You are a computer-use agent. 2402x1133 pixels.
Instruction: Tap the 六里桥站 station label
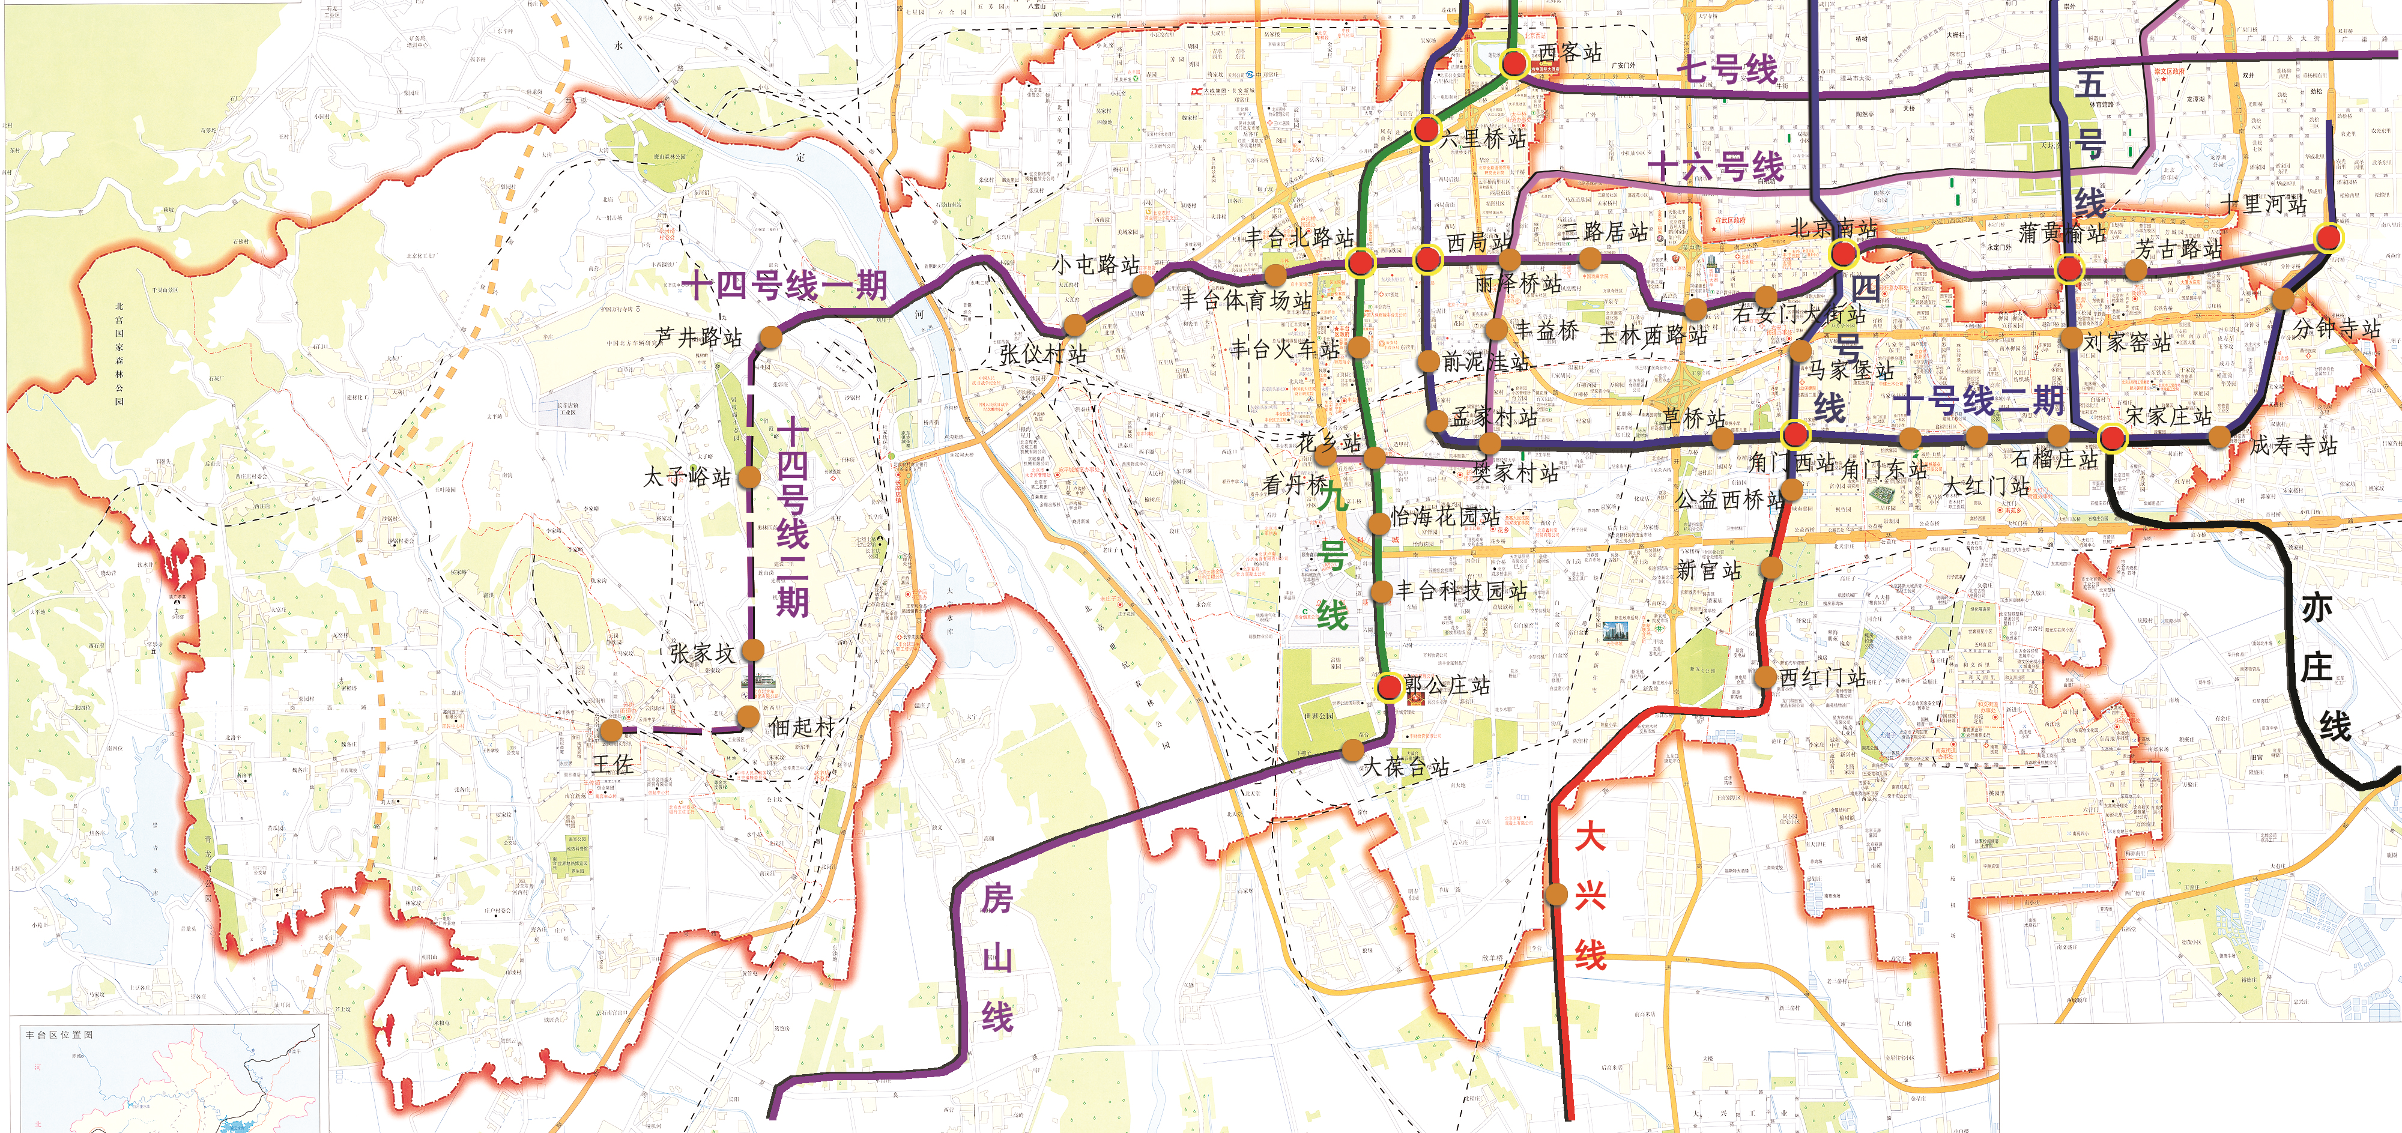click(x=1483, y=139)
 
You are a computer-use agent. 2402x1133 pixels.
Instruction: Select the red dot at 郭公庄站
click(x=1388, y=688)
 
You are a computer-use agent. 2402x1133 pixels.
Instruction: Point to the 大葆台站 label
click(x=1406, y=767)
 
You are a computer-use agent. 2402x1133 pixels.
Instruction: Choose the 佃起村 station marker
click(x=748, y=716)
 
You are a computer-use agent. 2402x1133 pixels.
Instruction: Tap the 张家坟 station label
click(x=701, y=653)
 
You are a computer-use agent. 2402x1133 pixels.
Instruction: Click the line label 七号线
click(x=1727, y=69)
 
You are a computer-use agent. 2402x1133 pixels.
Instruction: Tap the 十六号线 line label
click(x=1715, y=167)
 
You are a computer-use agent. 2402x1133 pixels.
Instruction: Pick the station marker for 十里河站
click(x=2328, y=238)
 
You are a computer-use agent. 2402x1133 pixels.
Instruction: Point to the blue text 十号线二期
click(x=1979, y=401)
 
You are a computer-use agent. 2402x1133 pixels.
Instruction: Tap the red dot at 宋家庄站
click(x=2111, y=437)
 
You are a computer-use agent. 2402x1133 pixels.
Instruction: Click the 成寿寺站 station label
click(x=2294, y=445)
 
